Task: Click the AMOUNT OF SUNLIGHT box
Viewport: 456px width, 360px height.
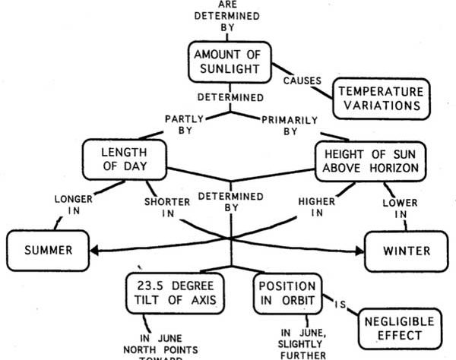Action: [230, 62]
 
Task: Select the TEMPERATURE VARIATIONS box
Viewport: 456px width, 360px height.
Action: [382, 99]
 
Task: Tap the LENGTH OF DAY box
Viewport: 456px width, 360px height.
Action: [125, 159]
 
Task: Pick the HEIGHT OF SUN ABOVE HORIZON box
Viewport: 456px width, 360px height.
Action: [371, 162]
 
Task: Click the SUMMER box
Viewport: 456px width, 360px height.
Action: [48, 251]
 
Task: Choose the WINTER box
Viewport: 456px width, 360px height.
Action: [407, 251]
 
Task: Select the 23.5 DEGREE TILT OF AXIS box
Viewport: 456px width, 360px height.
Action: [175, 293]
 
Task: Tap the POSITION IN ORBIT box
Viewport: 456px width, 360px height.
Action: [287, 293]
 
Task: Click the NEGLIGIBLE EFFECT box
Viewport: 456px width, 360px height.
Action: [400, 329]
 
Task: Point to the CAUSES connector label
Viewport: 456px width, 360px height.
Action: [302, 81]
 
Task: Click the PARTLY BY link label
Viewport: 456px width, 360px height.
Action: [185, 125]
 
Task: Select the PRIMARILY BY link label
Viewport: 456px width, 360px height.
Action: [290, 125]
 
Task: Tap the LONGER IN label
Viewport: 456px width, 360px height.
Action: [74, 205]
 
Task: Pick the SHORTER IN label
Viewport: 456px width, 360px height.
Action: [167, 207]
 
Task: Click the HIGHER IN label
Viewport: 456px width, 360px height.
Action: [317, 207]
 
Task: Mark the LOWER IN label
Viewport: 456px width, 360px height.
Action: [401, 208]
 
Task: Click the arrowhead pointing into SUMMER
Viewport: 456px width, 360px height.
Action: [94, 251]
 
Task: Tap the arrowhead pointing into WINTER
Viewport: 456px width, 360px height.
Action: [359, 251]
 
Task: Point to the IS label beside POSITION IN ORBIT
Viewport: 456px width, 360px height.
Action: [340, 305]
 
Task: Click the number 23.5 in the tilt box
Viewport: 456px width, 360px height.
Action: [150, 286]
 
